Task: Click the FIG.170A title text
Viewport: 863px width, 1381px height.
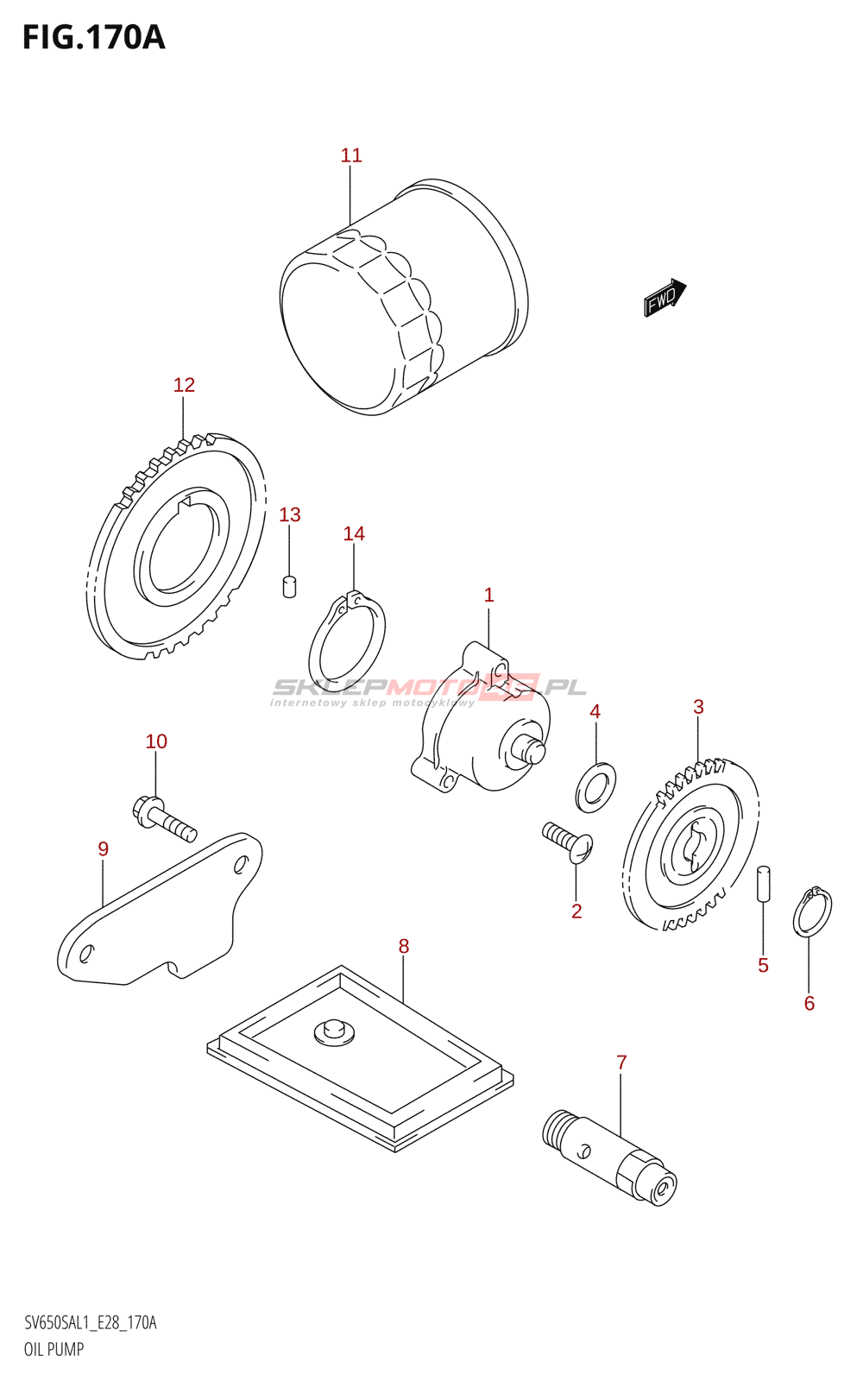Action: point(93,38)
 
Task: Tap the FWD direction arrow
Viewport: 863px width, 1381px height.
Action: point(664,297)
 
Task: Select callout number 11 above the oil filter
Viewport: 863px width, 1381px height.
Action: point(350,155)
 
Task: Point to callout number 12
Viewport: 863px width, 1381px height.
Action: point(184,385)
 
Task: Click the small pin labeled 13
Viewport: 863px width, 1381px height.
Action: point(290,586)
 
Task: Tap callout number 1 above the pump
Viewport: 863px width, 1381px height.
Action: point(488,595)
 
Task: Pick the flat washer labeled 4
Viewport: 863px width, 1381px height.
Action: point(595,786)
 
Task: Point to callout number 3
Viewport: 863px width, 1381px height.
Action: point(698,707)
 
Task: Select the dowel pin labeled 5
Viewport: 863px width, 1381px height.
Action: point(763,885)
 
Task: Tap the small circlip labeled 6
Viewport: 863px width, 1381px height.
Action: point(812,911)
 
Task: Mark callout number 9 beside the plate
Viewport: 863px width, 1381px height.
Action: point(103,849)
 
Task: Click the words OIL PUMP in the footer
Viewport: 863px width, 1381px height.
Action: point(54,1349)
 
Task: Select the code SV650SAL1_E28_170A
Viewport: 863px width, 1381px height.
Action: point(91,1323)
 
